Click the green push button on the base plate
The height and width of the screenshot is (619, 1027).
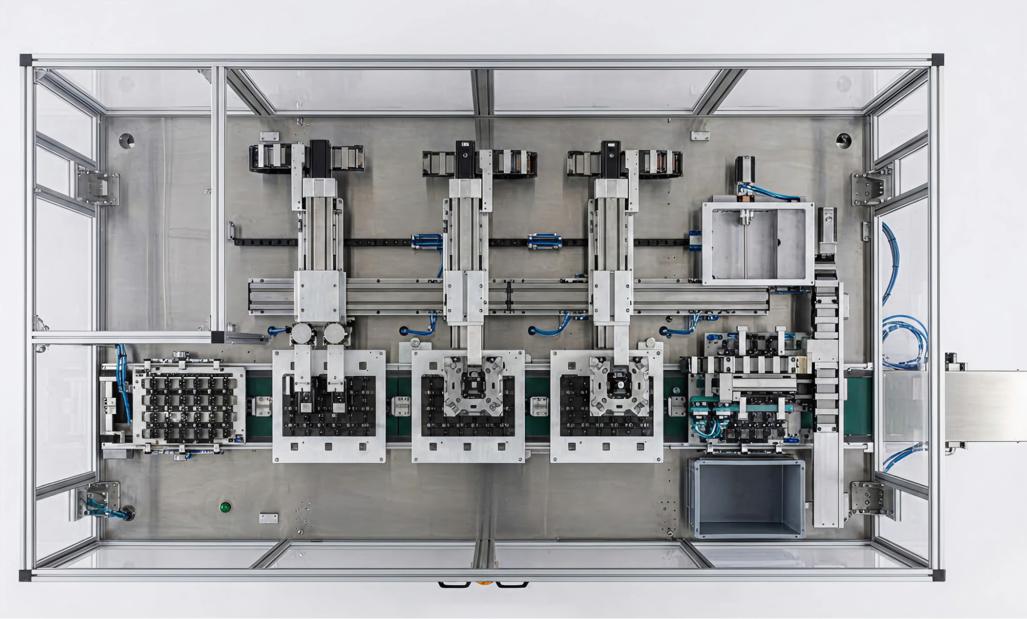click(x=225, y=507)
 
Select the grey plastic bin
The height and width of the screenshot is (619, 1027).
click(x=747, y=498)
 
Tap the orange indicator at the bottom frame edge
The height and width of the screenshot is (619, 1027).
click(x=482, y=583)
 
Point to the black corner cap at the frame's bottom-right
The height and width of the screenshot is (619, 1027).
click(x=938, y=575)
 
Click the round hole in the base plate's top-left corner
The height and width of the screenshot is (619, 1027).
click(x=126, y=140)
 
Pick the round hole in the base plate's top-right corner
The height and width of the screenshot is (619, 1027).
click(x=843, y=140)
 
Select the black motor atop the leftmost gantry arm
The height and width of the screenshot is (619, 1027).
click(x=319, y=157)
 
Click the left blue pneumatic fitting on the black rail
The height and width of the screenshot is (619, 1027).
click(x=426, y=241)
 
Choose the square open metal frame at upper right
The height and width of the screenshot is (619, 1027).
click(x=758, y=244)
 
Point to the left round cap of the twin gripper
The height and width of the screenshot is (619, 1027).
click(x=303, y=333)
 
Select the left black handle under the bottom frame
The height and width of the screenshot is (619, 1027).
click(x=454, y=585)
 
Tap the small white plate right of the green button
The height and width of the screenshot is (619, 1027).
click(x=269, y=517)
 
